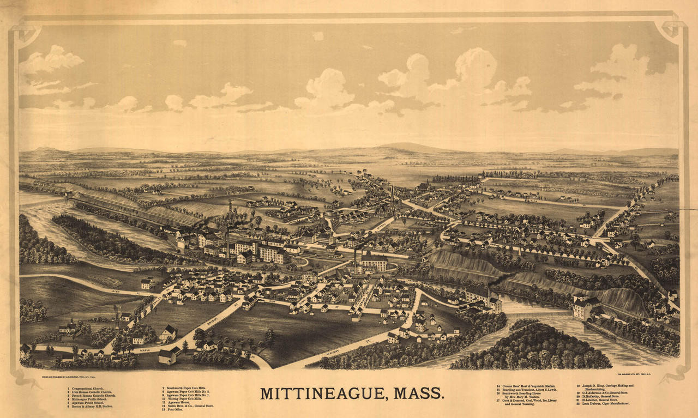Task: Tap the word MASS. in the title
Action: click(x=419, y=393)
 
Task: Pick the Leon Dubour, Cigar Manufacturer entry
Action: click(x=605, y=403)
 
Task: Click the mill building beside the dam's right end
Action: click(x=586, y=308)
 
